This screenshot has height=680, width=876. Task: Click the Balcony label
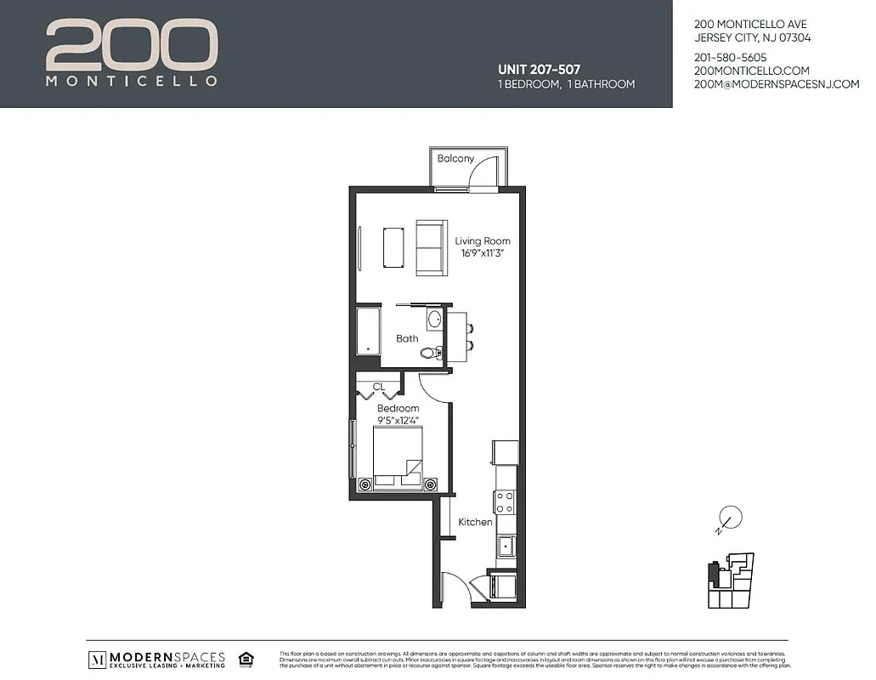point(455,159)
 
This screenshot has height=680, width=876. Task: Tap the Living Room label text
point(483,241)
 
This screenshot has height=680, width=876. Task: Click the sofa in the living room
point(431,247)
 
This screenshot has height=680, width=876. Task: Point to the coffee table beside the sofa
point(393,247)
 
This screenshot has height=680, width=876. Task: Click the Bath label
point(407,338)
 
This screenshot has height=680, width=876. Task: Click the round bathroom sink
point(434,320)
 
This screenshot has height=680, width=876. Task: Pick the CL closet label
point(379,387)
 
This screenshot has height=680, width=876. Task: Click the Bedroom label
point(398,409)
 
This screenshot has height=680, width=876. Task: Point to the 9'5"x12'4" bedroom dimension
point(398,420)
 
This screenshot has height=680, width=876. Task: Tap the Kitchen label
point(475,522)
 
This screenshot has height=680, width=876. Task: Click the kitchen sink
point(506,545)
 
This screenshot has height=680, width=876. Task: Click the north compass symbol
point(729,518)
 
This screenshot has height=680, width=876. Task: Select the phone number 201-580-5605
point(730,58)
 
